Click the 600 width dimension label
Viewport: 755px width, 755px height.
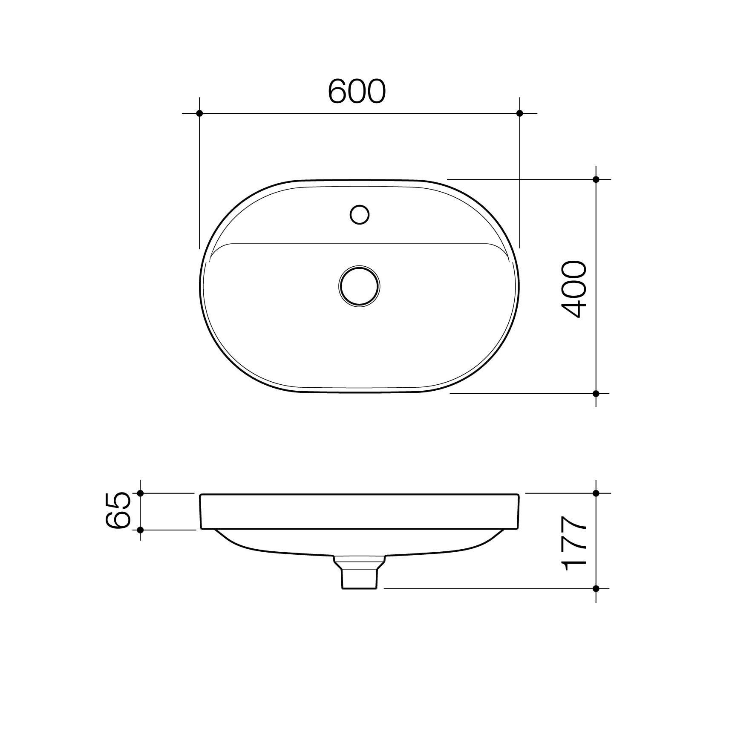[x=357, y=92]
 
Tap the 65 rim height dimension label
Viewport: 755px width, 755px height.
[x=117, y=510]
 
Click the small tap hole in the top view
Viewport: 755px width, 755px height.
[x=360, y=215]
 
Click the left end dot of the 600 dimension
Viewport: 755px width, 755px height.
[x=199, y=113]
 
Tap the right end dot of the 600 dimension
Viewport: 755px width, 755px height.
[x=519, y=113]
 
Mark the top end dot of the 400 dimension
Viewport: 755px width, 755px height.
[x=596, y=179]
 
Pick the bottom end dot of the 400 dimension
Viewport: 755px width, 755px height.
[x=596, y=393]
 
